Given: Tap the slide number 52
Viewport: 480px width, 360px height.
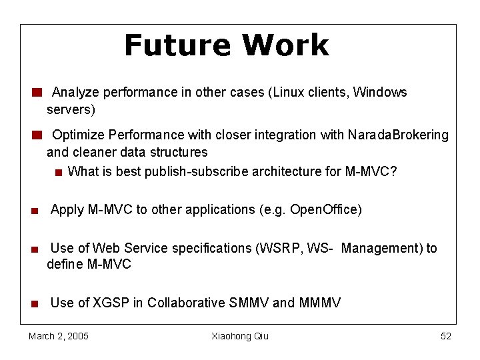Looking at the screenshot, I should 445,336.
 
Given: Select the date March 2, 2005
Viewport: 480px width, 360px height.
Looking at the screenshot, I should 59,336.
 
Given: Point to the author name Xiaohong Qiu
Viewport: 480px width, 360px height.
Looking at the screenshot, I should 240,336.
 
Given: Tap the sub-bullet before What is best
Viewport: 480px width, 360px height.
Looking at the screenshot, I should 59,172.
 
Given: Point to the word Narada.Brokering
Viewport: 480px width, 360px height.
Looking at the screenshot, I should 398,135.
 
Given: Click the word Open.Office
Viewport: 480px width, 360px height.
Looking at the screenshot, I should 325,209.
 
